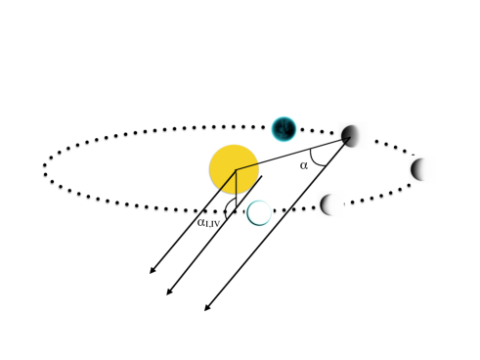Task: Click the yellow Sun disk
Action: pyautogui.click(x=234, y=168)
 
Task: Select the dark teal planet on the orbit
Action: pyautogui.click(x=284, y=128)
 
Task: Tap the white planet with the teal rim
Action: pyautogui.click(x=259, y=212)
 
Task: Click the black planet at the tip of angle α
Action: pyautogui.click(x=351, y=136)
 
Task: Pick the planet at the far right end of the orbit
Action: pyautogui.click(x=421, y=169)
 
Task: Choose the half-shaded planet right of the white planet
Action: pyautogui.click(x=331, y=204)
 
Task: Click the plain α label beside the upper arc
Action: pyautogui.click(x=304, y=165)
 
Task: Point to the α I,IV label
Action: pyautogui.click(x=208, y=222)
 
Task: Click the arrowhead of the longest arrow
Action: pyautogui.click(x=206, y=309)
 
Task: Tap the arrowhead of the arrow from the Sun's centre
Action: pyautogui.click(x=152, y=272)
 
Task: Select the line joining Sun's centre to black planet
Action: pyautogui.click(x=293, y=154)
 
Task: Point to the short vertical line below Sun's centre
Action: pyautogui.click(x=237, y=191)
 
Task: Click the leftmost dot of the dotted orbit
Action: pyautogui.click(x=45, y=168)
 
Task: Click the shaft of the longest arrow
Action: pyautogui.click(x=279, y=224)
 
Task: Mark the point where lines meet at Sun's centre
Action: pyautogui.click(x=237, y=170)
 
